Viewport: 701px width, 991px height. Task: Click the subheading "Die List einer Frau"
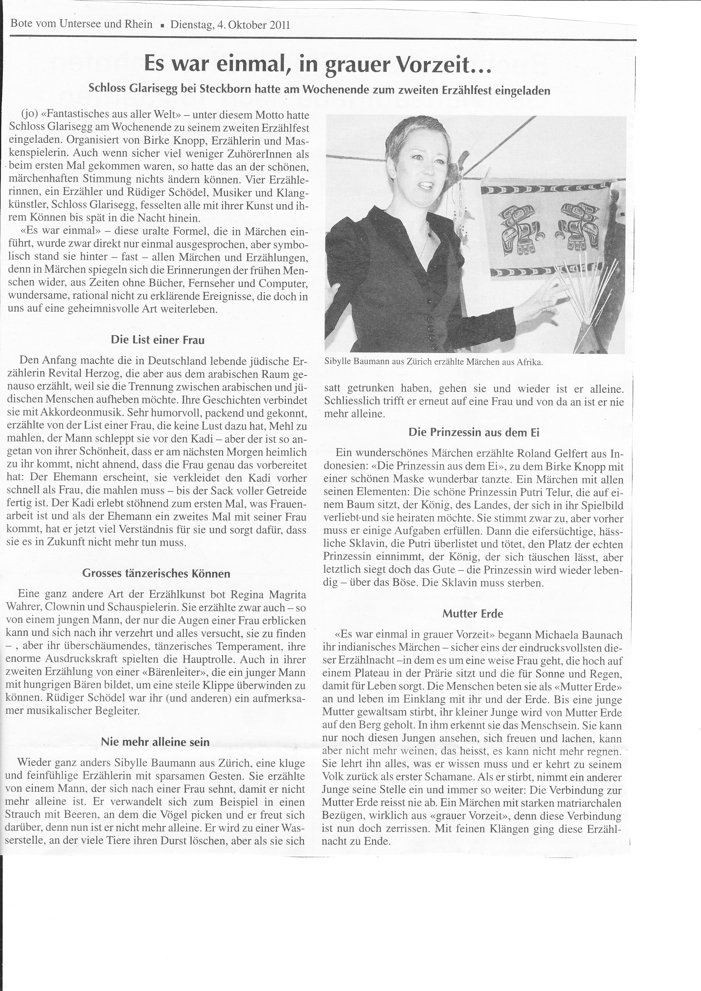point(157,340)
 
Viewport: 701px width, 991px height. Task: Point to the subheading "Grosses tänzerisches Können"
point(156,574)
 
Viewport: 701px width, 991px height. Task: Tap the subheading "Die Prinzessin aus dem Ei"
point(473,432)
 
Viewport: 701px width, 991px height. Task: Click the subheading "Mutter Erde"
point(473,613)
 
